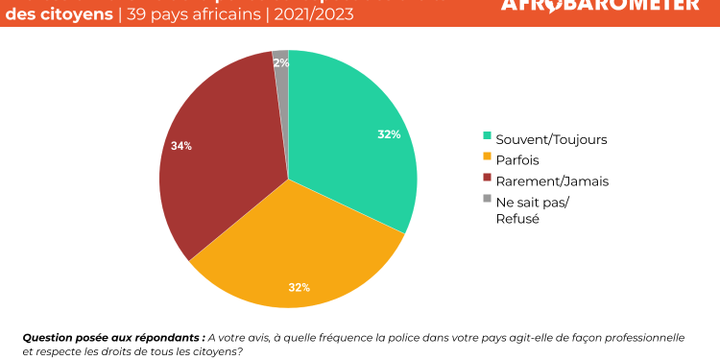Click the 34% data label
pos(180,146)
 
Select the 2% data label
pos(280,62)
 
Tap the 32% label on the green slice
pos(389,134)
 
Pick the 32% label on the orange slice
pos(299,287)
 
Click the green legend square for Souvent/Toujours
pos(488,137)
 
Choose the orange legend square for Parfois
pos(488,157)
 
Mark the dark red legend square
pos(488,179)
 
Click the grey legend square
pos(488,200)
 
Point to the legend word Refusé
pos(517,218)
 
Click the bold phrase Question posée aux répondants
pos(112,337)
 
